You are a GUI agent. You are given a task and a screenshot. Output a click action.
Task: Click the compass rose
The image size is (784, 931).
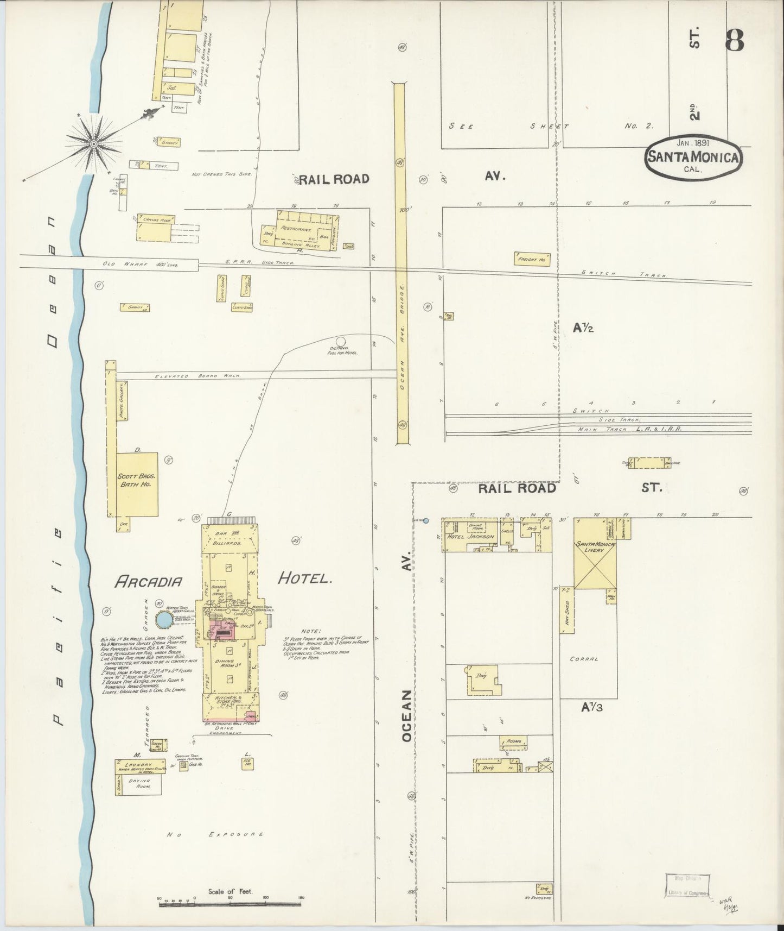pyautogui.click(x=93, y=143)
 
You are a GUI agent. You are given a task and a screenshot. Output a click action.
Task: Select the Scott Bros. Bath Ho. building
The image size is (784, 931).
pyautogui.click(x=138, y=483)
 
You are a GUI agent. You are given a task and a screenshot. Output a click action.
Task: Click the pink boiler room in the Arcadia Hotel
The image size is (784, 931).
pyautogui.click(x=221, y=632)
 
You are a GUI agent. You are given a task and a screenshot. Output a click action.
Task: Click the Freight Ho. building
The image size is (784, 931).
pyautogui.click(x=532, y=259)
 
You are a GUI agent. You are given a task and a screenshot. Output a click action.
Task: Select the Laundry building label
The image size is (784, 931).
pyautogui.click(x=139, y=764)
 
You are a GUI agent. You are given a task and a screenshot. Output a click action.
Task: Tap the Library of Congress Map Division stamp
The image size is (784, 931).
pyautogui.click(x=687, y=888)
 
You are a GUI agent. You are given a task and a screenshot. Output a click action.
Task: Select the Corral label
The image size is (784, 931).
pyautogui.click(x=584, y=659)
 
